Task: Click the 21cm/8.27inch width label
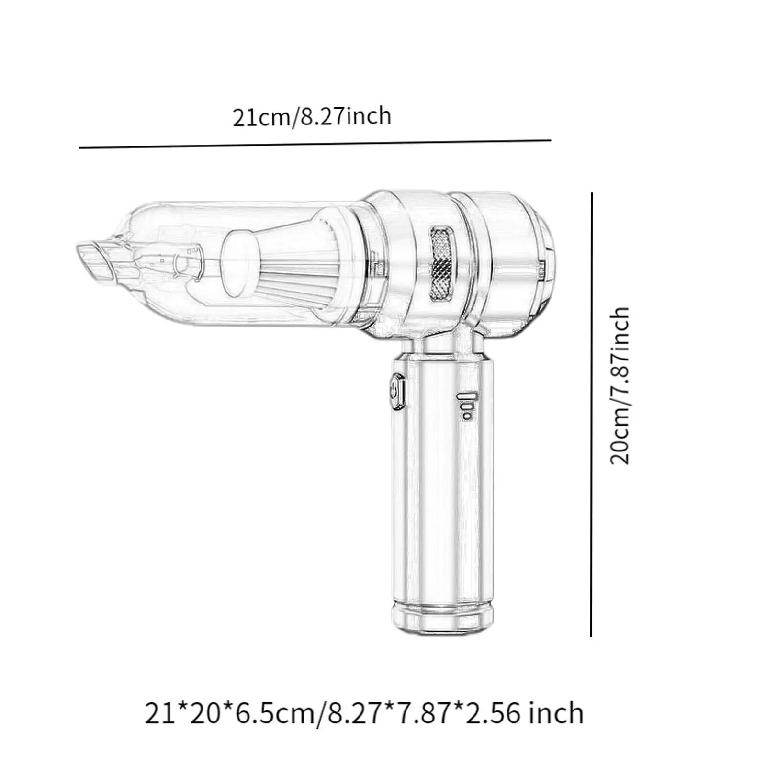pyautogui.click(x=312, y=116)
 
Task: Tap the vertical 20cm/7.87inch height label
pyautogui.click(x=620, y=386)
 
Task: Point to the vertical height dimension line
pyautogui.click(x=592, y=414)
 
